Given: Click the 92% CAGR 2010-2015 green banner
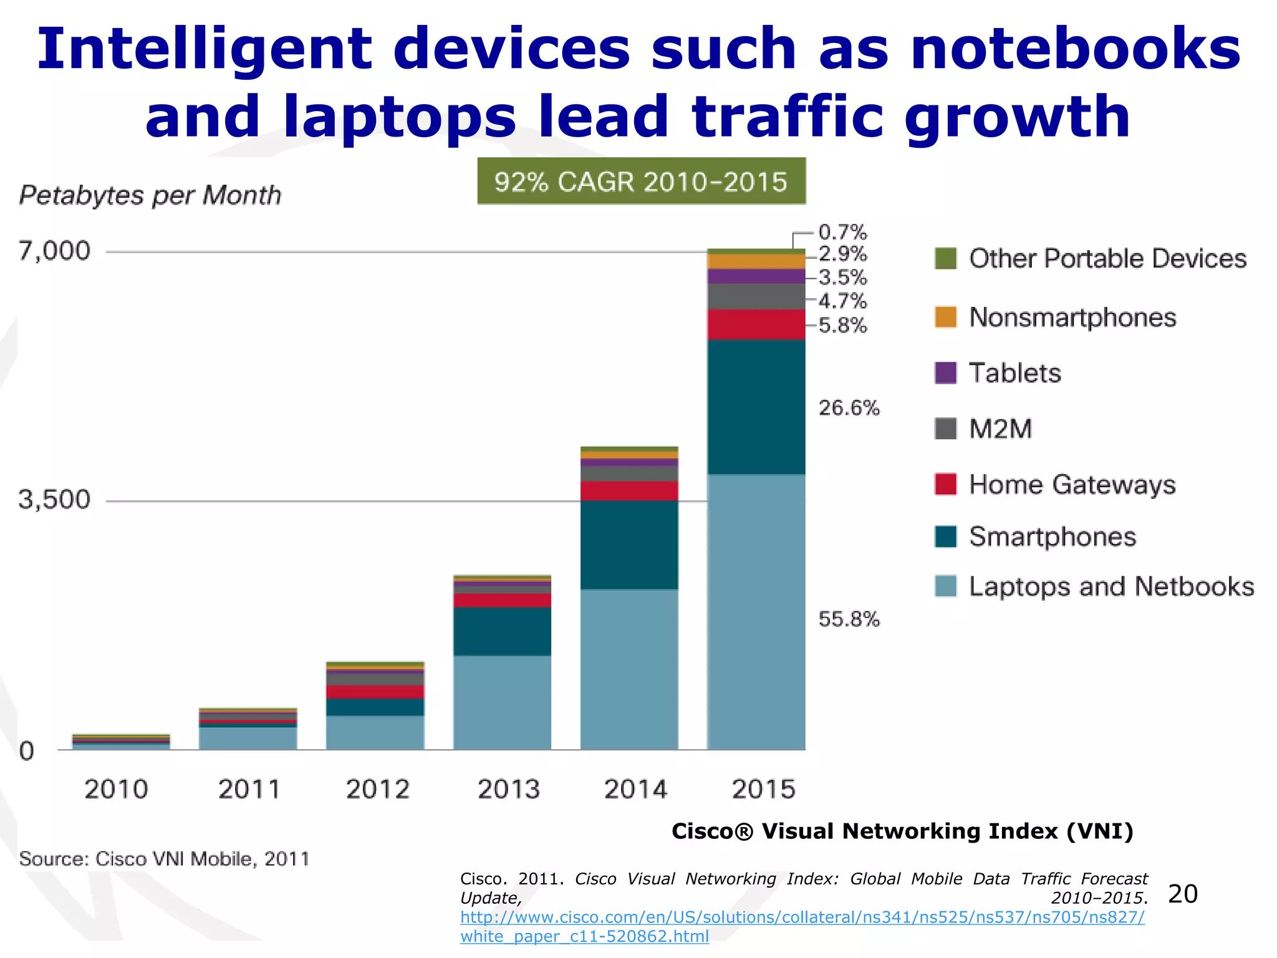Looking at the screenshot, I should click(641, 181).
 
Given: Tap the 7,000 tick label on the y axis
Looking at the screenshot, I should click(54, 251).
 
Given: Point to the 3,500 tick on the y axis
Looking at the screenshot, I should click(54, 500).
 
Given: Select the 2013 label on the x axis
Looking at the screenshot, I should click(508, 790).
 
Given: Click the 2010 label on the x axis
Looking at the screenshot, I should click(116, 790).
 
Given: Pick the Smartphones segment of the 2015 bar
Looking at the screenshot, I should click(756, 407).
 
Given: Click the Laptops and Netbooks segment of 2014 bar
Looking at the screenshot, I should click(629, 669).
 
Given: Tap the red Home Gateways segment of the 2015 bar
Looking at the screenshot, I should click(756, 324).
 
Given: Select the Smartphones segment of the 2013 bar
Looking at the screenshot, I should click(502, 631).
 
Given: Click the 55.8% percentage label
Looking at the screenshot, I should click(849, 619).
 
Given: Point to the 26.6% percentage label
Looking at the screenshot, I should click(849, 408).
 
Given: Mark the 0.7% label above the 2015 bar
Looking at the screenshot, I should click(842, 233).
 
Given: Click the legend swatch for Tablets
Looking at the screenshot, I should click(945, 373).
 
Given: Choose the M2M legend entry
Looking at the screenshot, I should click(1000, 429).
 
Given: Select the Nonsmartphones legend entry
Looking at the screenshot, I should click(1072, 317).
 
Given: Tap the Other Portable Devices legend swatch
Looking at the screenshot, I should click(945, 258).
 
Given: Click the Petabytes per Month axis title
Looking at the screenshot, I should click(150, 195).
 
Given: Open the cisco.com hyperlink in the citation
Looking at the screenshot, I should click(802, 917).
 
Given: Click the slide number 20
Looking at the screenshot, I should click(1182, 894).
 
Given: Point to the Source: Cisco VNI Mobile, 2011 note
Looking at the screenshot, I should click(164, 859).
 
